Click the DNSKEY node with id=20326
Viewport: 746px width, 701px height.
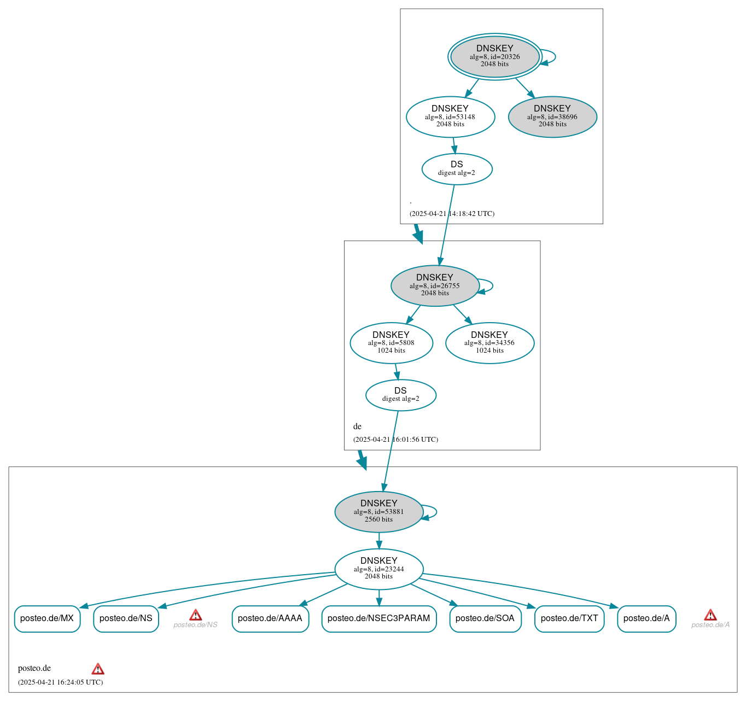pyautogui.click(x=494, y=56)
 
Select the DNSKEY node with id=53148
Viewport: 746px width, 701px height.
pyautogui.click(x=450, y=116)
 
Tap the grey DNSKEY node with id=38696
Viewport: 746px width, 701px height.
pyautogui.click(x=552, y=116)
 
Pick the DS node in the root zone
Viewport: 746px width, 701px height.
pyautogui.click(x=457, y=168)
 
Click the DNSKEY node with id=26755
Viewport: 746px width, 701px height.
pyautogui.click(x=435, y=285)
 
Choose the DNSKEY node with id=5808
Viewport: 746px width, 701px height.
pyautogui.click(x=391, y=343)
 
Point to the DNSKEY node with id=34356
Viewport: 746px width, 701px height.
pyautogui.click(x=489, y=343)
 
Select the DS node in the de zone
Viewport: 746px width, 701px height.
pyautogui.click(x=400, y=395)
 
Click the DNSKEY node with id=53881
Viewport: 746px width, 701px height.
pyautogui.click(x=378, y=512)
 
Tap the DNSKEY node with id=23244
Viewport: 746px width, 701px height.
pyautogui.click(x=378, y=569)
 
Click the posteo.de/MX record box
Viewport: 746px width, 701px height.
pyautogui.click(x=47, y=618)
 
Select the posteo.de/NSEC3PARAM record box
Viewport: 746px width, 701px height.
pyautogui.click(x=378, y=618)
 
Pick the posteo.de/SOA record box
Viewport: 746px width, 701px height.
pyautogui.click(x=485, y=618)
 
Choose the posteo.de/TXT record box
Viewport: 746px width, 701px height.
pyautogui.click(x=569, y=618)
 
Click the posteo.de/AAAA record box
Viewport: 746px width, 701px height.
pyautogui.click(x=270, y=618)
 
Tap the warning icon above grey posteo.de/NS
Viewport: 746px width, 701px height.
pyautogui.click(x=195, y=615)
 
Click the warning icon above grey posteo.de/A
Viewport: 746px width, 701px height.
pyautogui.click(x=710, y=615)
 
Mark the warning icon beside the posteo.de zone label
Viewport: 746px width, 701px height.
pyautogui.click(x=98, y=669)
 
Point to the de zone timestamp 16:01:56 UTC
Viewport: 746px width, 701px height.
pyautogui.click(x=395, y=439)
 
